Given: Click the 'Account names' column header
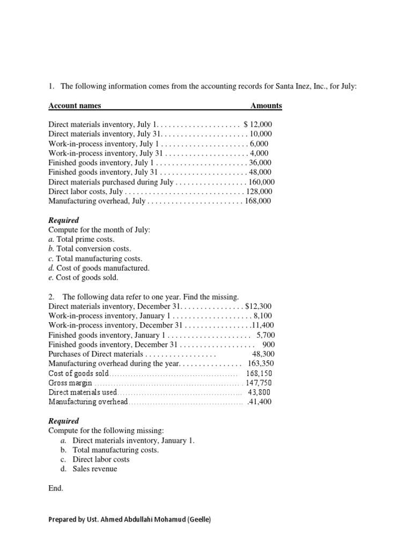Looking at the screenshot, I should (75, 106).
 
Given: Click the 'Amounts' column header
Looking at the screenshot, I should (266, 106).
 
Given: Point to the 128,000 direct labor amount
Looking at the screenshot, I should (259, 191).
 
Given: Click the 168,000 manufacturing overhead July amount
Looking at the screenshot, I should (258, 201).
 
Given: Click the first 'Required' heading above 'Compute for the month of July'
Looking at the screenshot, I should (63, 220).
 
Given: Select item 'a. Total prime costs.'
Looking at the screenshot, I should (82, 239).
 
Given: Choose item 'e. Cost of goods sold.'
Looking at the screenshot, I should (83, 278).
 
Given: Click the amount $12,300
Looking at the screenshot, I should (258, 306).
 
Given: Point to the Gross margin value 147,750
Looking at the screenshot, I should (259, 383).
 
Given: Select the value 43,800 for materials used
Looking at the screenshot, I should (260, 392).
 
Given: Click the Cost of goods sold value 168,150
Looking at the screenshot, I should (259, 373).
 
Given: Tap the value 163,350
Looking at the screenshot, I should (260, 363).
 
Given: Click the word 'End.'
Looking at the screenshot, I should (56, 488).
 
